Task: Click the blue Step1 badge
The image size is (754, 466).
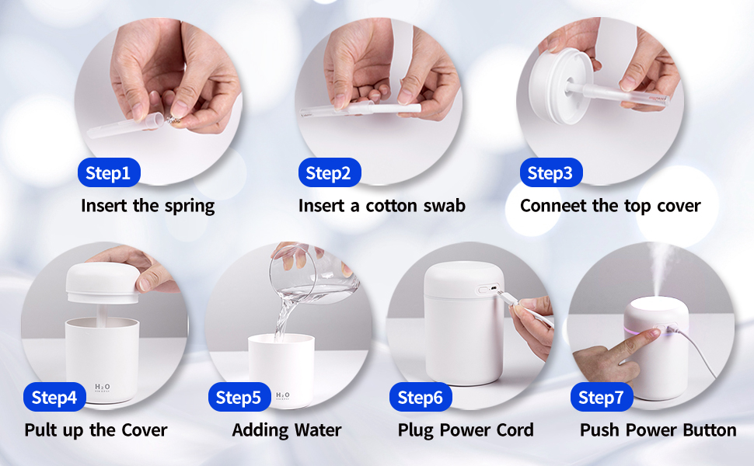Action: [108, 173]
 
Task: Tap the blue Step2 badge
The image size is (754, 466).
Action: [328, 173]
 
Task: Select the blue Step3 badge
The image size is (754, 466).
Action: [550, 173]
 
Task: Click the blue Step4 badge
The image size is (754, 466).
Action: [54, 398]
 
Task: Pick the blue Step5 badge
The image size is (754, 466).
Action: [239, 398]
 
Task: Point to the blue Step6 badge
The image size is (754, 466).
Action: [420, 398]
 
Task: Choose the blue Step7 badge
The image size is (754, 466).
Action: [602, 398]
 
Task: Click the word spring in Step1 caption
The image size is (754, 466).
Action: [190, 207]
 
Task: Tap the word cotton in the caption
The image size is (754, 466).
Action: [386, 206]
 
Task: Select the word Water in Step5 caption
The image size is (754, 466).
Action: [316, 430]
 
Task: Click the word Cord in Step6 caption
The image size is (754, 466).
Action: [513, 430]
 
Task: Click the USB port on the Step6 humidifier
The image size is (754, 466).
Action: [487, 289]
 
